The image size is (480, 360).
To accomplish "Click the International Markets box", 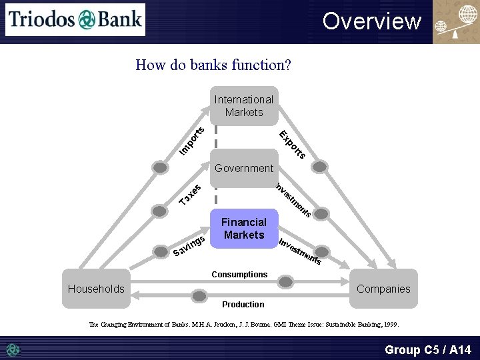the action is pos(244,106).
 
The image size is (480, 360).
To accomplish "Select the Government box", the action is pos(244,168).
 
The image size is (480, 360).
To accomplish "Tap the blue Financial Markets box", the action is pos(244,229).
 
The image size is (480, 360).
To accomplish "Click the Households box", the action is pos(96,289).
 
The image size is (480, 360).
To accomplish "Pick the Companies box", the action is pos(383,289).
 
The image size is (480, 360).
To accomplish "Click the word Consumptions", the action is pos(239,275).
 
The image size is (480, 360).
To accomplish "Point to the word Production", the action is pos(243,305).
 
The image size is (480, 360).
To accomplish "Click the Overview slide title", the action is pos(372,21).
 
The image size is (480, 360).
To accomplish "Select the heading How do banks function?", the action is pos(213,65).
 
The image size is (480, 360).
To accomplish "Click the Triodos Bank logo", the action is pos(75,19).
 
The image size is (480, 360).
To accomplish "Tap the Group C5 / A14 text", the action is pos(427,349).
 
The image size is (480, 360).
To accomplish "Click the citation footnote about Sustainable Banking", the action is pos(244,325).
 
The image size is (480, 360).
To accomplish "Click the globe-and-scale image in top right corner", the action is pos(455,22).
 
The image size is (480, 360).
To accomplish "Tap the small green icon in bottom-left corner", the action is pos(13,349).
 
